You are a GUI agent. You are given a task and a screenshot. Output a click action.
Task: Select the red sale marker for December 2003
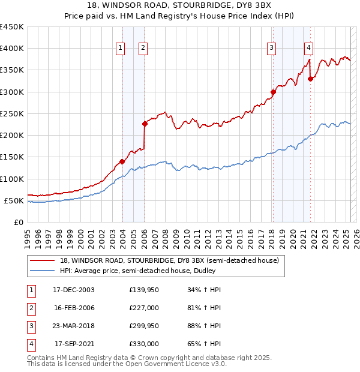(122, 161)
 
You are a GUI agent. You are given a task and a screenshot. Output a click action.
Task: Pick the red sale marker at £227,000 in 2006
(145, 124)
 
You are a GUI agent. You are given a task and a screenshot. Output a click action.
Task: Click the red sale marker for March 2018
(273, 92)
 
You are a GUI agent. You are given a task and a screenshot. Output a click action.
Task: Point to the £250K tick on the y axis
(12, 113)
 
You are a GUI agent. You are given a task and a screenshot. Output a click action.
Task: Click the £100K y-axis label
(12, 179)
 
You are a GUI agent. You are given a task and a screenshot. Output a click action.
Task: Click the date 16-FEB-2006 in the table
(74, 308)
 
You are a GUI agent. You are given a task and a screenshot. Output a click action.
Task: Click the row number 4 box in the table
(31, 344)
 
